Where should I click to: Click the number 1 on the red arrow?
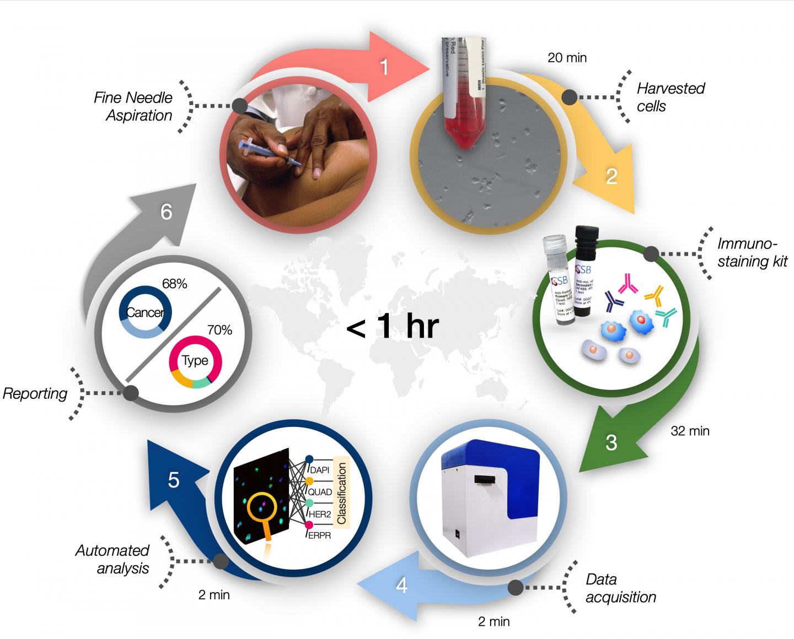point(384,67)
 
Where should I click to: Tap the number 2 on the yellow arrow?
point(611,177)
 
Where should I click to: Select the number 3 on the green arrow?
point(611,443)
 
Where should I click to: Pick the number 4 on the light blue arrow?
point(402,586)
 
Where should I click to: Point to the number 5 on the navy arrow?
point(174,480)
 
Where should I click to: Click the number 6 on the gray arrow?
point(167,212)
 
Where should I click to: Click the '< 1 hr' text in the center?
point(392,327)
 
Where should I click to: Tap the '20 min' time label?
point(567,57)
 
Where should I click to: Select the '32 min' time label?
point(690,431)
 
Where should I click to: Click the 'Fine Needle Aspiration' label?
point(133,106)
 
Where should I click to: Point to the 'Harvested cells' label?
point(670,97)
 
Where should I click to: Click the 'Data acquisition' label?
point(620,588)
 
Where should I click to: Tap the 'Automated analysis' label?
point(112,559)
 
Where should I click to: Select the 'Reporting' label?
point(35,393)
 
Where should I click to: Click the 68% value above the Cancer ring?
point(174,284)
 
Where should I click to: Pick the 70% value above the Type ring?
point(219,330)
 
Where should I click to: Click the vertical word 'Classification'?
point(342,493)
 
